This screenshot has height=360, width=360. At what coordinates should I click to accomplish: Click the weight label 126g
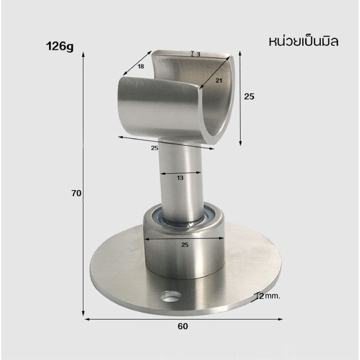click(60, 47)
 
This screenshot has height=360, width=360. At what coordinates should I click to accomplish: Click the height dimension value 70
click(76, 193)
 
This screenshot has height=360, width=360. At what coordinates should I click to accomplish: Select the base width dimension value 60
click(183, 326)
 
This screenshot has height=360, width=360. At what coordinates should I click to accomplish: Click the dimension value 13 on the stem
click(180, 178)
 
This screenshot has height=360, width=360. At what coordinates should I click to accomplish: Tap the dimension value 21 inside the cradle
click(219, 81)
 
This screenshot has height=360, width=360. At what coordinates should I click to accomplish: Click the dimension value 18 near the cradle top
click(141, 66)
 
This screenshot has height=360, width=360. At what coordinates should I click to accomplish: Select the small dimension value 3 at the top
click(198, 54)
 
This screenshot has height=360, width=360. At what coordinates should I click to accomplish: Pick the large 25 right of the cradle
click(249, 96)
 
